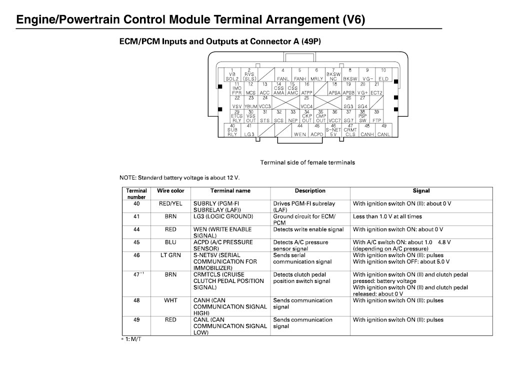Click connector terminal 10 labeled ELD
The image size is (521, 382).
tap(383, 74)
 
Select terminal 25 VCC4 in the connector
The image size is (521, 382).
tap(306, 102)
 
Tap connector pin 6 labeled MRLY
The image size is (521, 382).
tap(316, 74)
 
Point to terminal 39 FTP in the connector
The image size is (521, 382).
tap(376, 116)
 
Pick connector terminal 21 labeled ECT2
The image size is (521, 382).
tap(376, 88)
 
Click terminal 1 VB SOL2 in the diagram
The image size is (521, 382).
tap(232, 74)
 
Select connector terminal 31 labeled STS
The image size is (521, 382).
tap(265, 116)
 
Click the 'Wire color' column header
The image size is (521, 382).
tap(170, 191)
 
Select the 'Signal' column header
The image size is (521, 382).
tap(421, 191)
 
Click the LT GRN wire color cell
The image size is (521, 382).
tap(170, 255)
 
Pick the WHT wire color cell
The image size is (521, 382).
tap(170, 300)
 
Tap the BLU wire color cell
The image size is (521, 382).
tap(170, 242)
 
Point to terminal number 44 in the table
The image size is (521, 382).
tap(136, 229)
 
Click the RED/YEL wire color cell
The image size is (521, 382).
tap(170, 204)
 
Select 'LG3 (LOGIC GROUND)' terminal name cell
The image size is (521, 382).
tap(223, 216)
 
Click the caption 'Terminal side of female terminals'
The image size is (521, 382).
tap(307, 162)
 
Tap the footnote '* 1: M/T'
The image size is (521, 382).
tap(131, 339)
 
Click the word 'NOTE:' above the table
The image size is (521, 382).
tap(128, 178)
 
